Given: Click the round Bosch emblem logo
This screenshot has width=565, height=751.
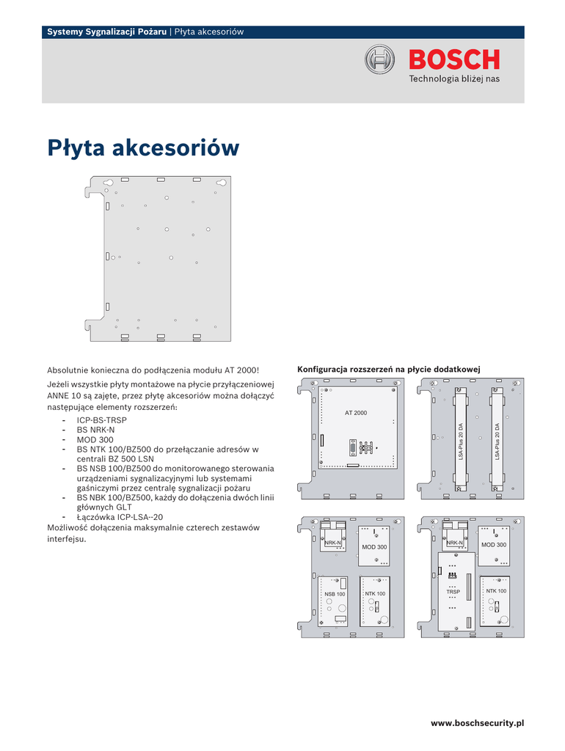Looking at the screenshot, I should (x=380, y=59).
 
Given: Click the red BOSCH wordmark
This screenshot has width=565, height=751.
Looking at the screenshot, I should (x=454, y=59).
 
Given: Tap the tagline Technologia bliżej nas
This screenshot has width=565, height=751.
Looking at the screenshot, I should (x=453, y=79).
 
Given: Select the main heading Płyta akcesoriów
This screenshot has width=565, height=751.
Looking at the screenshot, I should (x=144, y=148).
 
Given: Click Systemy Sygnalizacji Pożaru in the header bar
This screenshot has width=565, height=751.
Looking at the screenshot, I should (x=106, y=32).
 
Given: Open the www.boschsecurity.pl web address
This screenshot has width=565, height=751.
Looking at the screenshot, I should (x=477, y=723).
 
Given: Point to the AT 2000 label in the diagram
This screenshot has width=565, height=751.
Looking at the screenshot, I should (x=356, y=414).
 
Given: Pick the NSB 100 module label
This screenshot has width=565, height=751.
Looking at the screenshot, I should (x=335, y=594).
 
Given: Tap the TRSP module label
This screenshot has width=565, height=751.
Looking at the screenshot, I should (x=453, y=591).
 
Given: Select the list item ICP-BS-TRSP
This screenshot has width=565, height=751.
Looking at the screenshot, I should (x=101, y=420).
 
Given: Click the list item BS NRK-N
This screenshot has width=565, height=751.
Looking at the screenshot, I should (x=95, y=430).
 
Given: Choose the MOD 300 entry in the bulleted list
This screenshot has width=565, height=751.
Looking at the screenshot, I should (x=95, y=439).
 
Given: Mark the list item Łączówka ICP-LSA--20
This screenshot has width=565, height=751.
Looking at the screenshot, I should (x=120, y=516).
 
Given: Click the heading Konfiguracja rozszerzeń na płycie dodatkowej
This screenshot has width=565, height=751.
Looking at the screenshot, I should (x=388, y=369).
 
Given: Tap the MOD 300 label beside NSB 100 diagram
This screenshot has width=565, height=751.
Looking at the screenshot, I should (x=374, y=547).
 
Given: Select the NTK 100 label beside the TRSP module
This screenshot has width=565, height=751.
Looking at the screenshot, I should (x=496, y=591).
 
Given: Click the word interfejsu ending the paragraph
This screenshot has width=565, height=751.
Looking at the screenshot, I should (x=66, y=539).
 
